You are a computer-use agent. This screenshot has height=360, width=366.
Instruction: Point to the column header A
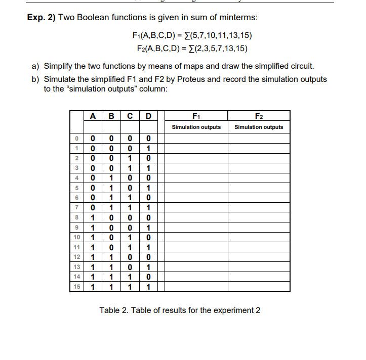(92, 116)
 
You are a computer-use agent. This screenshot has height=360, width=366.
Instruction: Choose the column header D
(148, 116)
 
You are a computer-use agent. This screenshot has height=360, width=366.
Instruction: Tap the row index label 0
(75, 139)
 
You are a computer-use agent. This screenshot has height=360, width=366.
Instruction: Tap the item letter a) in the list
(35, 66)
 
